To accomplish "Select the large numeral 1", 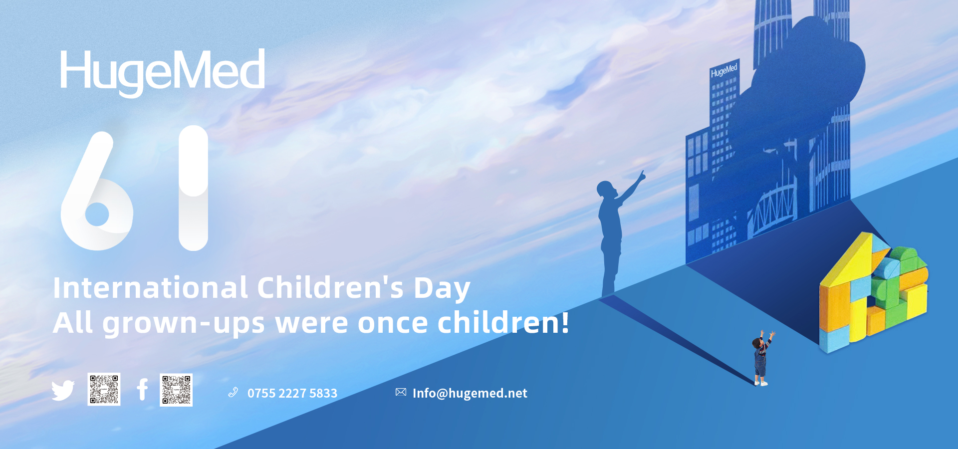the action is pyautogui.click(x=193, y=188).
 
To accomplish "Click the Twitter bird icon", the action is pyautogui.click(x=63, y=390).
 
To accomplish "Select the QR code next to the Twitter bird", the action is pyautogui.click(x=104, y=389).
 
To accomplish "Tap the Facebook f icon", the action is pyautogui.click(x=143, y=390).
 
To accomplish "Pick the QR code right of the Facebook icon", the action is pyautogui.click(x=176, y=390).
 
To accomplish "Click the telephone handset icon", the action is pyautogui.click(x=233, y=393).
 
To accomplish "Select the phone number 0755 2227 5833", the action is pyautogui.click(x=292, y=393).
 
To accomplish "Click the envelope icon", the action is pyautogui.click(x=401, y=392).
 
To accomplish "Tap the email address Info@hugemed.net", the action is pyautogui.click(x=470, y=393).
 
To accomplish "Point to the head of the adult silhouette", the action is pyautogui.click(x=606, y=189).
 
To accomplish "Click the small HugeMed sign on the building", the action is pyautogui.click(x=724, y=70).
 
